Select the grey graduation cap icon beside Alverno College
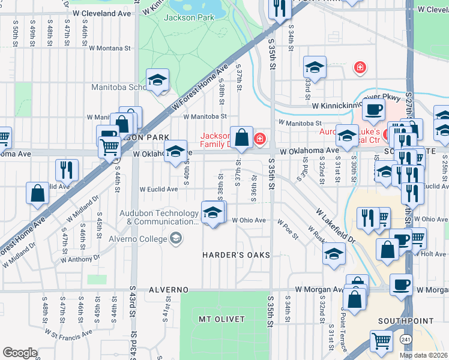click(175, 239)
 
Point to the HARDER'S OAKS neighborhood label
click(236, 256)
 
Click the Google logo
click(20, 353)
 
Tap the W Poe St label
click(288, 229)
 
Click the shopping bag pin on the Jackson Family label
click(241, 137)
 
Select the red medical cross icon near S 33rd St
click(360, 67)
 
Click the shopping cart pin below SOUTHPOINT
click(382, 341)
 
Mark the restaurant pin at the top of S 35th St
click(280, 8)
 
